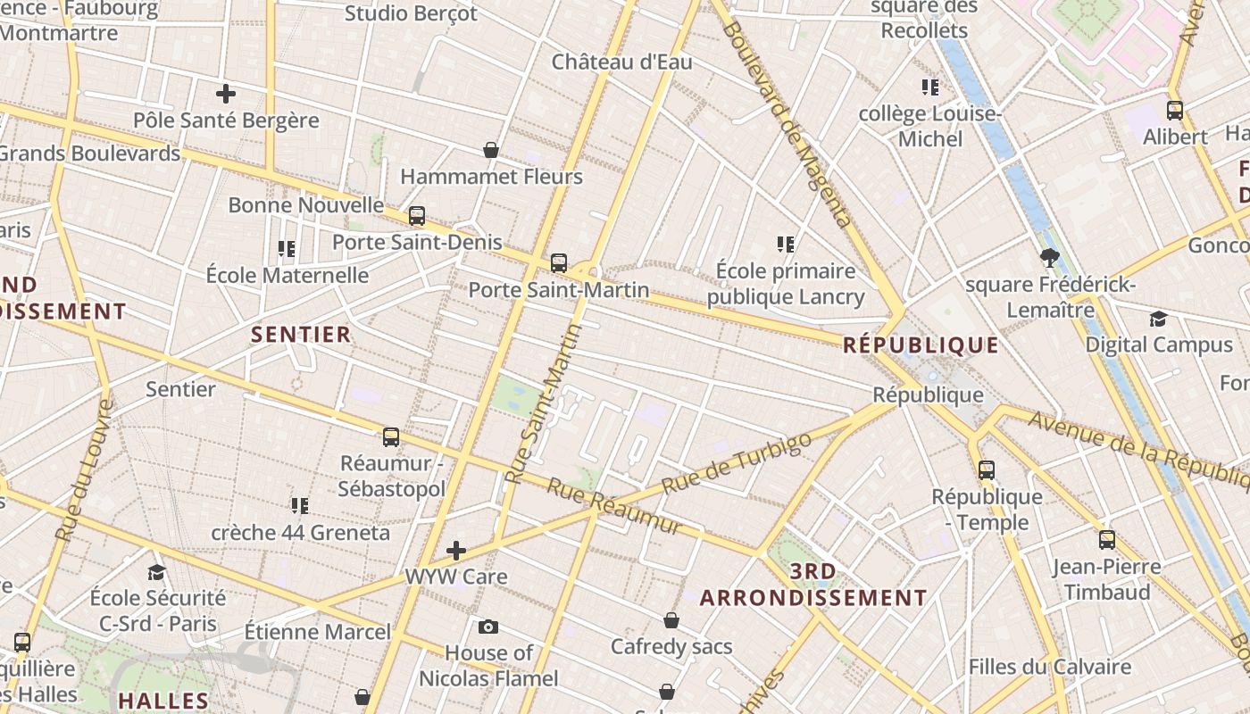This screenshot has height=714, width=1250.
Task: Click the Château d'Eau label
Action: pyautogui.click(x=621, y=62)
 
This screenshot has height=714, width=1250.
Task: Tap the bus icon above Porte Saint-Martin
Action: pyautogui.click(x=559, y=262)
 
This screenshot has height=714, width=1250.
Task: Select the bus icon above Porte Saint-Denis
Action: pyautogui.click(x=417, y=215)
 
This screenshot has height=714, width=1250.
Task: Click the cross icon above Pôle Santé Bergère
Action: pyautogui.click(x=226, y=93)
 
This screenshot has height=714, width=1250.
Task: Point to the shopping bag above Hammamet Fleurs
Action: pyautogui.click(x=490, y=149)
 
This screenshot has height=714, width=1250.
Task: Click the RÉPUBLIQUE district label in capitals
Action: pyautogui.click(x=921, y=345)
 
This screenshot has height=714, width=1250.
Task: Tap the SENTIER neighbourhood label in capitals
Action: pyautogui.click(x=301, y=335)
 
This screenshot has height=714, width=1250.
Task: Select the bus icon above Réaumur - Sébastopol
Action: pyautogui.click(x=391, y=436)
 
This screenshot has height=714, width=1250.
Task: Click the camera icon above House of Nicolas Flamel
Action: pyautogui.click(x=488, y=627)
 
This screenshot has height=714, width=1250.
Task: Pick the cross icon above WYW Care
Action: pyautogui.click(x=456, y=550)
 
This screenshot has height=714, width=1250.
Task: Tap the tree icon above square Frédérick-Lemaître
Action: pyautogui.click(x=1050, y=258)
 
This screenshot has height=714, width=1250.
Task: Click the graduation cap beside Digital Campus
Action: pyautogui.click(x=1158, y=319)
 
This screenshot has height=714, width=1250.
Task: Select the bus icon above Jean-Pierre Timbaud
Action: pyautogui.click(x=1107, y=539)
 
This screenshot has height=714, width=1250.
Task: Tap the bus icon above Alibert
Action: pyautogui.click(x=1175, y=110)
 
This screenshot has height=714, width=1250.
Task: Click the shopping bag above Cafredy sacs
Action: pyautogui.click(x=671, y=619)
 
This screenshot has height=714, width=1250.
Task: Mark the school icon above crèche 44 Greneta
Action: pyautogui.click(x=300, y=506)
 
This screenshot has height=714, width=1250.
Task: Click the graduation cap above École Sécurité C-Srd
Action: pyautogui.click(x=157, y=571)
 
